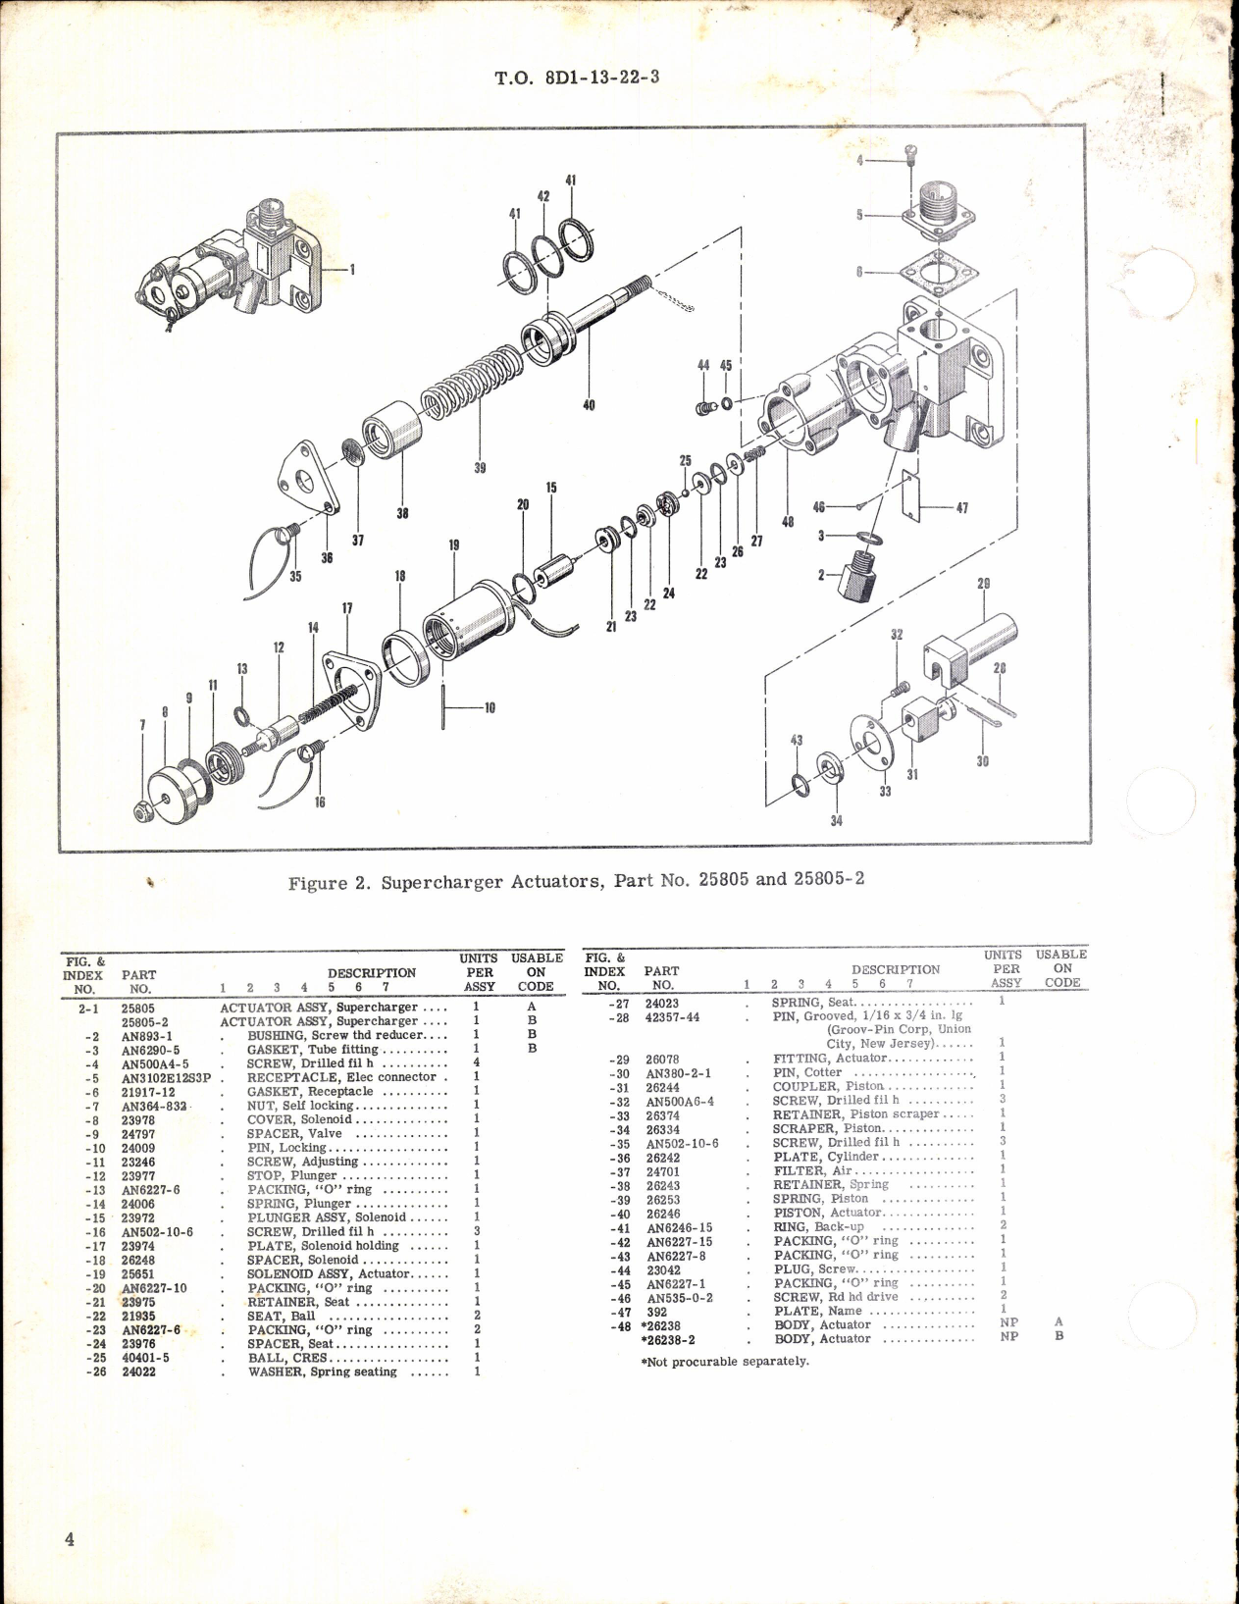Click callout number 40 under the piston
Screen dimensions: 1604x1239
(x=589, y=404)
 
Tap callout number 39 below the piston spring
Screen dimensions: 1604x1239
(x=480, y=468)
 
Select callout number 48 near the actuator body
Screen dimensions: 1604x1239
(x=788, y=522)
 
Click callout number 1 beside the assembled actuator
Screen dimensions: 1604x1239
(x=352, y=268)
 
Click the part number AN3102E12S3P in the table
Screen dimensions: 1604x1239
(x=166, y=1077)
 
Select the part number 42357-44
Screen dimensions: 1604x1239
(x=672, y=1017)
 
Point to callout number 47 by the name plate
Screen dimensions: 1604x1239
(x=962, y=508)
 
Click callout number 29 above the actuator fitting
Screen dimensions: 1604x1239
(x=983, y=584)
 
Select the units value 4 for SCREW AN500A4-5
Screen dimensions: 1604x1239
(x=476, y=1063)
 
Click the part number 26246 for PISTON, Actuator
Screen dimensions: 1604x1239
(x=662, y=1213)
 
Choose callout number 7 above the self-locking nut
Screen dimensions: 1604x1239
(x=142, y=725)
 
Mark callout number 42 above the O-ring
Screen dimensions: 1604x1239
(x=542, y=196)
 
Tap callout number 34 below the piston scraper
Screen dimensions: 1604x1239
(x=836, y=821)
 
